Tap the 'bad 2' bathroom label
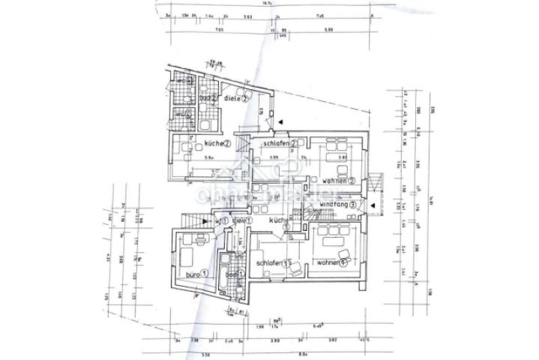tap(208, 97)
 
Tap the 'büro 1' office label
tap(192, 276)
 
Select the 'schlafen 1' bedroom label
tap(273, 263)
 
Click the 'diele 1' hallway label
tap(241, 220)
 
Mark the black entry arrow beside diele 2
tap(279, 121)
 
